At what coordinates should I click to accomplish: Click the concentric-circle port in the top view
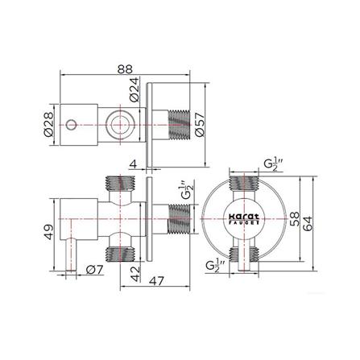pyautogui.click(x=119, y=125)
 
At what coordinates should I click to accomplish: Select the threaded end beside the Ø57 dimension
pyautogui.click(x=181, y=125)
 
